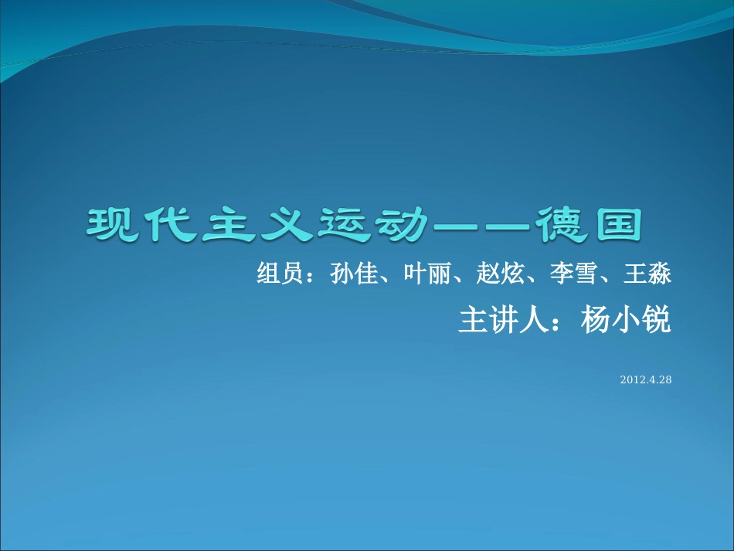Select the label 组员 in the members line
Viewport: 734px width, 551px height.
(275, 274)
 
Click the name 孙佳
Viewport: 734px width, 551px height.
(348, 274)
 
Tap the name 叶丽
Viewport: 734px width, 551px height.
(422, 274)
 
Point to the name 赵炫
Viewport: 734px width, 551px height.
(495, 274)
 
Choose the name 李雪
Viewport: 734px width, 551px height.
(569, 274)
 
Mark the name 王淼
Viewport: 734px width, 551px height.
(643, 274)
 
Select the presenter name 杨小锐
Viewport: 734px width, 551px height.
(626, 321)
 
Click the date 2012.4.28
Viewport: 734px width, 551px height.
(646, 380)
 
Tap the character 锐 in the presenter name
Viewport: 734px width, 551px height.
(657, 321)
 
